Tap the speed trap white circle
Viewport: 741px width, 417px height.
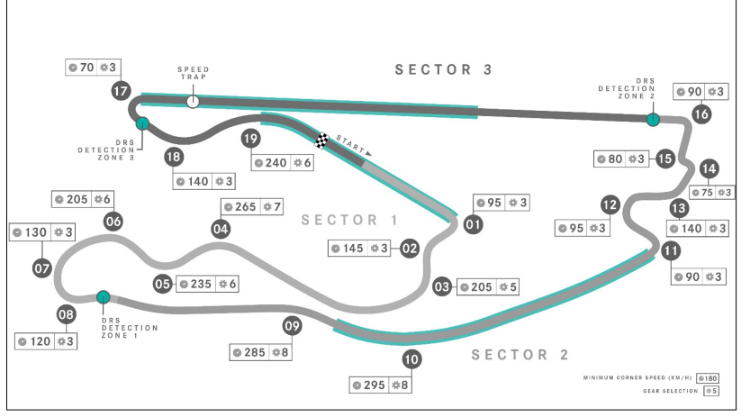pyautogui.click(x=193, y=101)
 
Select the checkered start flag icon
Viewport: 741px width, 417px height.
pyautogui.click(x=322, y=140)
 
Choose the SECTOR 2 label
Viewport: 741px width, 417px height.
pyautogui.click(x=520, y=355)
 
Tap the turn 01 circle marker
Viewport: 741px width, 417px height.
pyautogui.click(x=472, y=225)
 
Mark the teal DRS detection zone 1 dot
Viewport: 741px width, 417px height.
pyautogui.click(x=104, y=296)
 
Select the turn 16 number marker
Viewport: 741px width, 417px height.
pyautogui.click(x=701, y=113)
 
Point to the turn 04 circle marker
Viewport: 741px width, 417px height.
pyautogui.click(x=221, y=229)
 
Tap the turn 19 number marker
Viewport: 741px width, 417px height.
pyautogui.click(x=251, y=138)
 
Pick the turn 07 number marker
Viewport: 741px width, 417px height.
pyautogui.click(x=41, y=267)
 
